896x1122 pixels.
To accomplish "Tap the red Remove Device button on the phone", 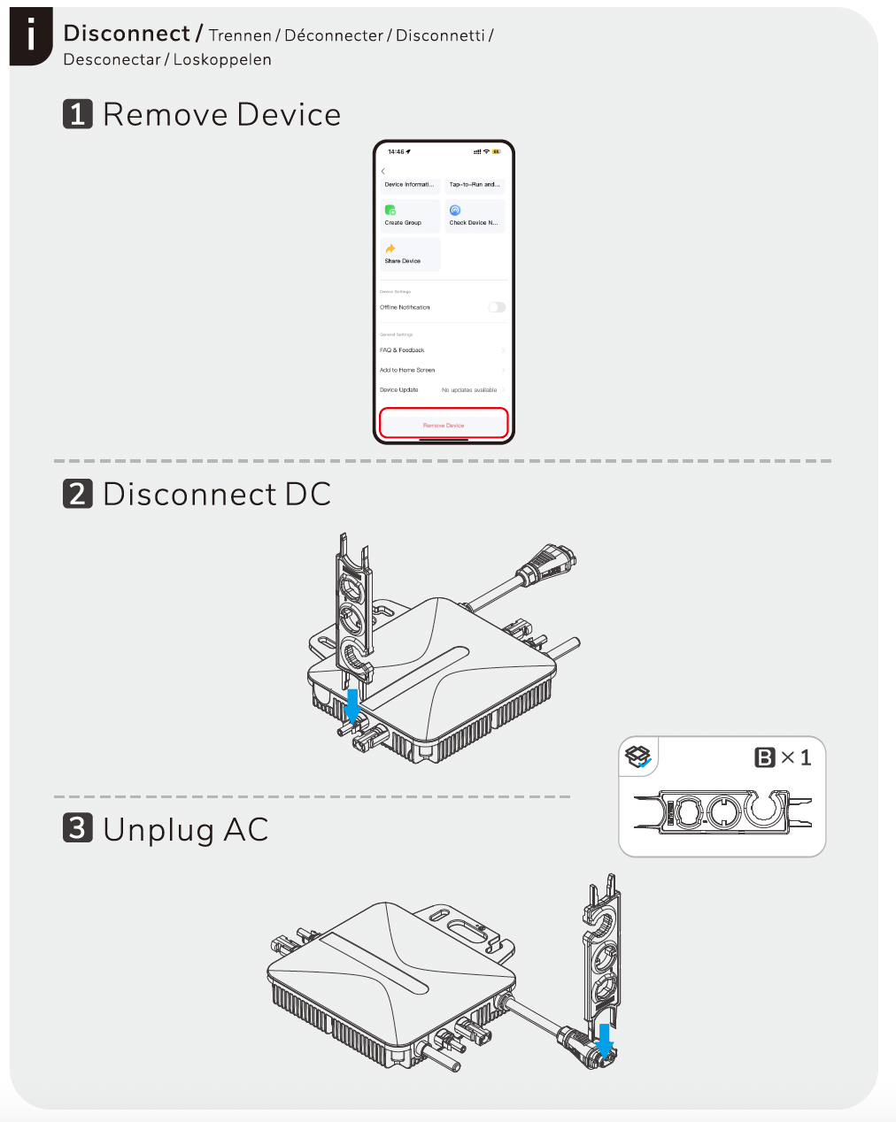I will click(444, 424).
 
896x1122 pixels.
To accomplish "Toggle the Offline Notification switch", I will click(497, 307).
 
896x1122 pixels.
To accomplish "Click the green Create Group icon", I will click(390, 210).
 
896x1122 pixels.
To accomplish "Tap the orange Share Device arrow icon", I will click(390, 249).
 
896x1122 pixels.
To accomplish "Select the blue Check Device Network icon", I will click(455, 210).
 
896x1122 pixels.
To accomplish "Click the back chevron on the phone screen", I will click(383, 171).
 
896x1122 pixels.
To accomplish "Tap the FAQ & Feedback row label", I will click(402, 350).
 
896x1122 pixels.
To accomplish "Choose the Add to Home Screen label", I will click(407, 370).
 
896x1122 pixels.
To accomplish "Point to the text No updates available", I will click(469, 390).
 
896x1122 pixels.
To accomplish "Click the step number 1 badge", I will click(78, 114).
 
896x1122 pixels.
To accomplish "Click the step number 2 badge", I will click(78, 494).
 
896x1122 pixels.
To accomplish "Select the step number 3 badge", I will click(78, 828).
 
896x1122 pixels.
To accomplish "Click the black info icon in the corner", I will click(32, 36).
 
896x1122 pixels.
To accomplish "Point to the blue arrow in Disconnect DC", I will click(352, 706).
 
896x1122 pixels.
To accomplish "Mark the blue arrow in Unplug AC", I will click(605, 1040).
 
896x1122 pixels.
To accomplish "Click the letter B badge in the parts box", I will click(764, 757).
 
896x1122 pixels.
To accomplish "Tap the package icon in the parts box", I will click(638, 757).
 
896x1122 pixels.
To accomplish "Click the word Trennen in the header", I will click(240, 35).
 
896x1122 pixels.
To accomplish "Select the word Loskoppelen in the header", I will click(222, 60).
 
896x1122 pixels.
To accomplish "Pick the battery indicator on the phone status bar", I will click(497, 151).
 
